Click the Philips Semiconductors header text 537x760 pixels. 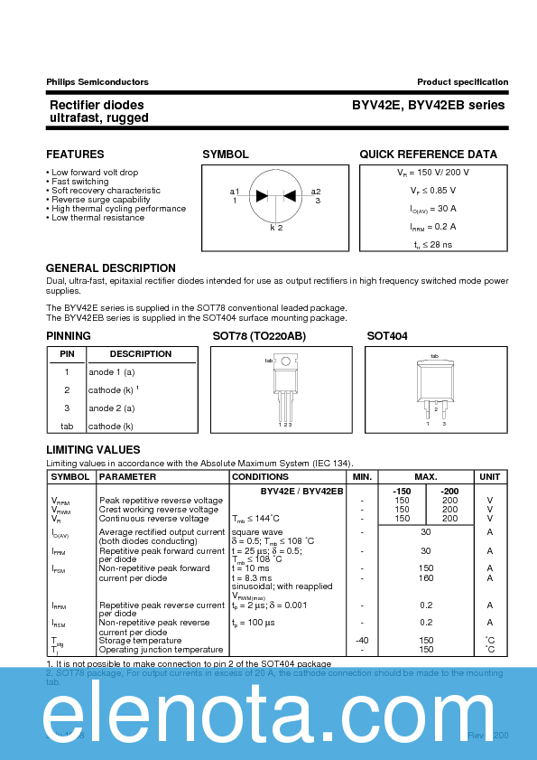[97, 82]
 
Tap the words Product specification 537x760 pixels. [462, 82]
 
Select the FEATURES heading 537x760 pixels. [75, 155]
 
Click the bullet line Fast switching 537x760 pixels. [79, 182]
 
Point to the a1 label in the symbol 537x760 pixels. [235, 192]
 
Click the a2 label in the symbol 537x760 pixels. [316, 192]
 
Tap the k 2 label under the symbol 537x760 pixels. [276, 228]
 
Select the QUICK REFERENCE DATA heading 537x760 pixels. [428, 155]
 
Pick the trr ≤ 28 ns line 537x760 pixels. [433, 245]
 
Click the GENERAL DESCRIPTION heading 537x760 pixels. [111, 268]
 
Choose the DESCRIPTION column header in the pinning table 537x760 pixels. [141, 354]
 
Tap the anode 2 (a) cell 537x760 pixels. [112, 408]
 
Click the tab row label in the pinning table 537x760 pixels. [67, 427]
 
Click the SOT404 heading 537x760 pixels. [387, 336]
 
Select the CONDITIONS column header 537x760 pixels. [261, 477]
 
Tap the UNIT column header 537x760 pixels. [489, 477]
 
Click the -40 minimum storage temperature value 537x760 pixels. [362, 641]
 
